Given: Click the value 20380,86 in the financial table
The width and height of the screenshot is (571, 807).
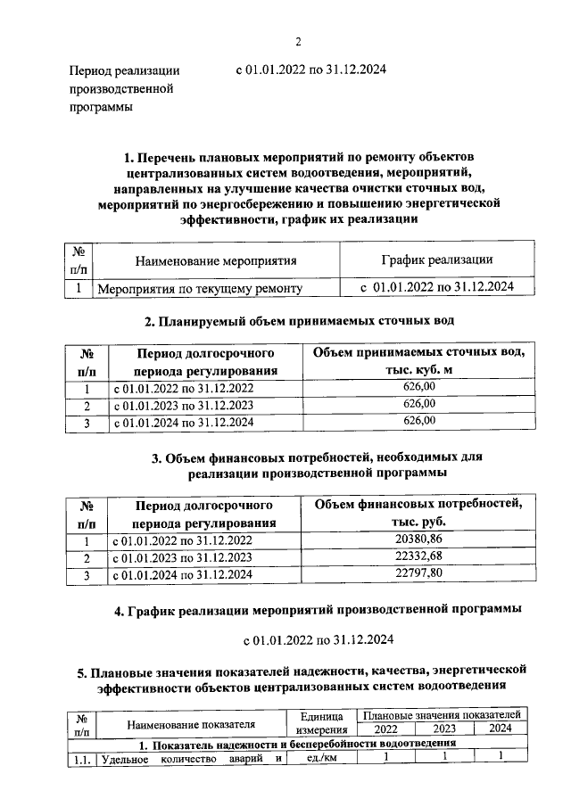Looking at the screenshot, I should [418, 540].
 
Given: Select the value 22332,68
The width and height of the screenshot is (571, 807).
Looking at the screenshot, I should [418, 557].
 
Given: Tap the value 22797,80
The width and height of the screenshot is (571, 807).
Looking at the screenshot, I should [418, 575].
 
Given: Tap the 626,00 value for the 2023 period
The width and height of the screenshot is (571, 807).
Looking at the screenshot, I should [418, 405].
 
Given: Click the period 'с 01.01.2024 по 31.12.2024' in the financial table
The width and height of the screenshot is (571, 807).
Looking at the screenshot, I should [182, 575].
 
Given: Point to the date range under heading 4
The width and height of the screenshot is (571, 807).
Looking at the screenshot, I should [319, 639].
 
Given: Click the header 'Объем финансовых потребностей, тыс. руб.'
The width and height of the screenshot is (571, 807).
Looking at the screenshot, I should [418, 513].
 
